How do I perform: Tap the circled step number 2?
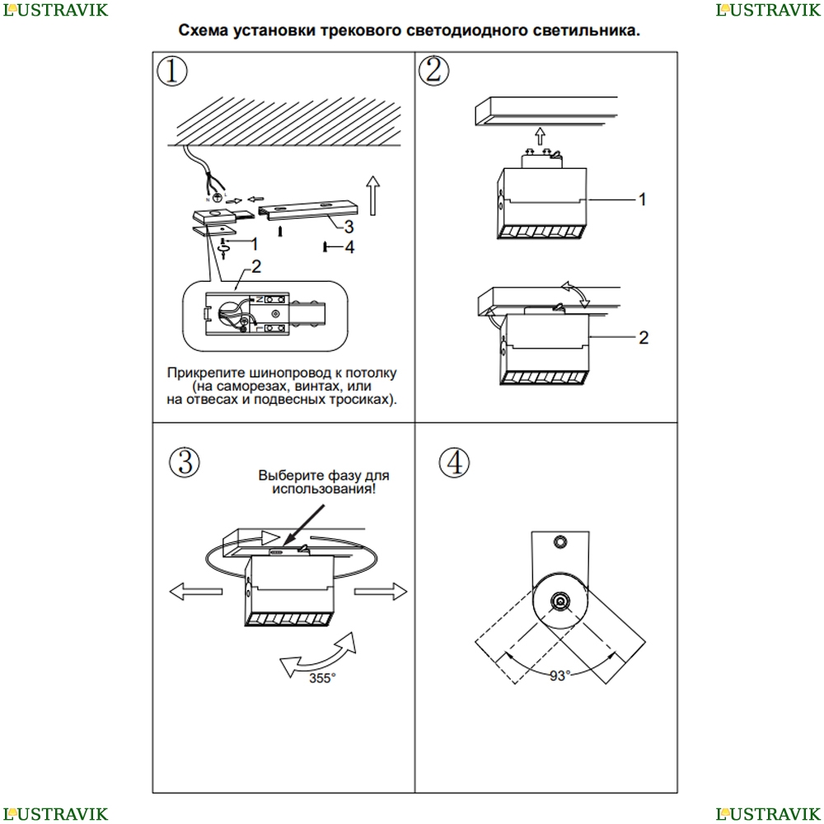pyautogui.click(x=434, y=71)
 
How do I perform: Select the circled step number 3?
pyautogui.click(x=185, y=463)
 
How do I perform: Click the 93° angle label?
pyautogui.click(x=559, y=676)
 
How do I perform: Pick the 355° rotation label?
pyautogui.click(x=322, y=678)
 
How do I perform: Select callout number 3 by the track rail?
pyautogui.click(x=349, y=226)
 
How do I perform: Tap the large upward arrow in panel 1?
pyautogui.click(x=372, y=194)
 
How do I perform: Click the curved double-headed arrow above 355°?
pyautogui.click(x=321, y=654)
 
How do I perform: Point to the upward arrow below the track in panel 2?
pyautogui.click(x=539, y=136)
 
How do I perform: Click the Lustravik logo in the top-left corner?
pyautogui.click(x=54, y=10)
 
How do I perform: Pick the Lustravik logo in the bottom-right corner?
pyautogui.click(x=768, y=813)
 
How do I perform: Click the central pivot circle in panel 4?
pyautogui.click(x=560, y=602)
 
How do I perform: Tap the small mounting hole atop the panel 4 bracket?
pyautogui.click(x=560, y=541)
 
